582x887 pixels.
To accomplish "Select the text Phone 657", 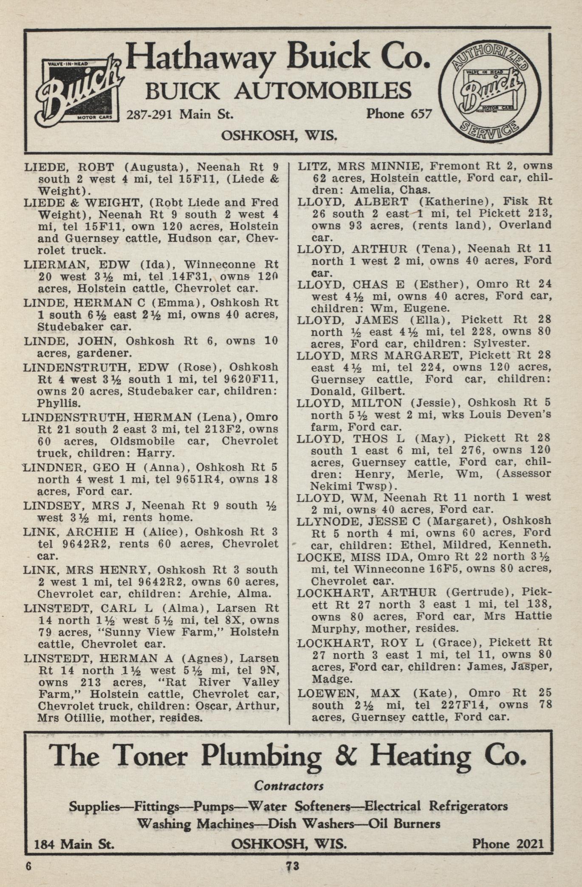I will [399, 114].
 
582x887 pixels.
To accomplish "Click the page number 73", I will [293, 866].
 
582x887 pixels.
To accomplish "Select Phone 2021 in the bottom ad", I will [508, 844].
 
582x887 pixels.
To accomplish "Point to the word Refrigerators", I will [468, 806].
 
